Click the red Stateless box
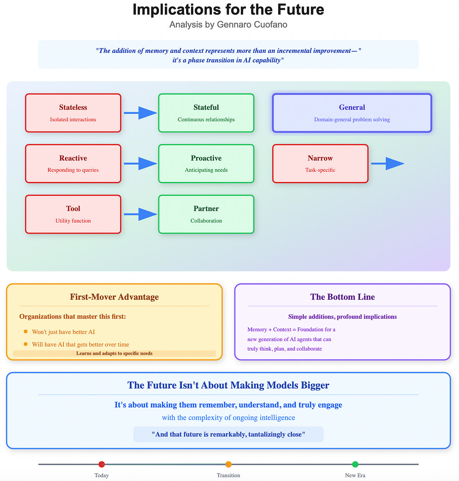73,113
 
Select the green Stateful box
206,113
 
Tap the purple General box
352,113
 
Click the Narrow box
320,163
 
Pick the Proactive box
206,163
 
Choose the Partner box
206,214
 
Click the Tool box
73,214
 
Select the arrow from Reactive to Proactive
140,163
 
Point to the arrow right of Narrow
388,163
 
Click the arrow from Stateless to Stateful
140,113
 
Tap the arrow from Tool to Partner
140,214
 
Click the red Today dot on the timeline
102,464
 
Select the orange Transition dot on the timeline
228,464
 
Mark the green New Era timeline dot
355,464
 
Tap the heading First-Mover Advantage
114,297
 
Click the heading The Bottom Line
342,297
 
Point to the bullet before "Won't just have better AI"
26,332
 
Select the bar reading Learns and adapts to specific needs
114,353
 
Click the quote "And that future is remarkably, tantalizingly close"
228,434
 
